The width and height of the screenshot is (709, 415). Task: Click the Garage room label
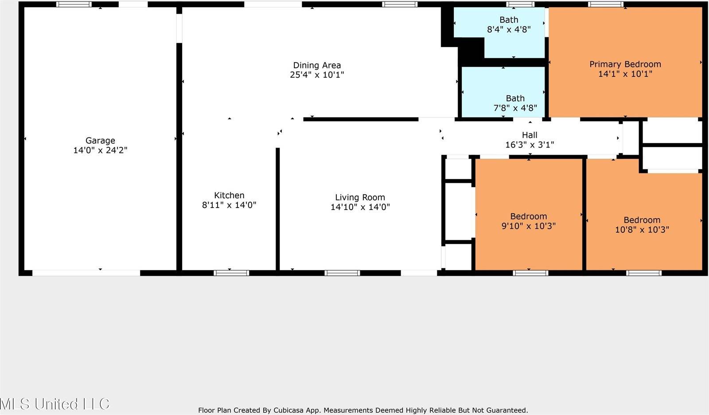click(x=100, y=141)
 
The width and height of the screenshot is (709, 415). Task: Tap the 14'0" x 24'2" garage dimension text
click(x=100, y=150)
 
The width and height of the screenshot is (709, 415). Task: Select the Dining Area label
click(x=317, y=65)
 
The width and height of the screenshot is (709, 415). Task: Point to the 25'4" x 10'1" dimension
click(x=317, y=75)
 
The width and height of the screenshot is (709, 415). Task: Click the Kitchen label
click(x=229, y=195)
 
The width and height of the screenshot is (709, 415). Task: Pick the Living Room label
click(x=360, y=197)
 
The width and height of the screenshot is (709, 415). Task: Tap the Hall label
click(x=530, y=135)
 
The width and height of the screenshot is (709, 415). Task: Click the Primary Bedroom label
click(x=625, y=64)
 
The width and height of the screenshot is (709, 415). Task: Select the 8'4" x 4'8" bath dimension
click(x=509, y=30)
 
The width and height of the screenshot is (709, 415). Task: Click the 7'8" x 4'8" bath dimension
click(x=515, y=108)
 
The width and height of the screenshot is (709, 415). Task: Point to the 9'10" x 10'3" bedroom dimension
click(x=528, y=226)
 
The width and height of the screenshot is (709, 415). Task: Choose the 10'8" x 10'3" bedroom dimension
click(x=642, y=230)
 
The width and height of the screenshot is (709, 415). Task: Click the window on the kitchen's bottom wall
click(x=231, y=273)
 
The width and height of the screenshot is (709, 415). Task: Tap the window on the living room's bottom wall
click(x=342, y=273)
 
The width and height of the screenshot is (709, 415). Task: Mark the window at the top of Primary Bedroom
click(x=605, y=4)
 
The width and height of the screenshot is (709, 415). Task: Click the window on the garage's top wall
click(x=74, y=4)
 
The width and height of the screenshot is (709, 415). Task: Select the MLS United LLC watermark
click(x=55, y=404)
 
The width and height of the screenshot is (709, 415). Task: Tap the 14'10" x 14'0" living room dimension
click(x=360, y=207)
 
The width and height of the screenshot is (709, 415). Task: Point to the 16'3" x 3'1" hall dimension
click(x=530, y=145)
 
